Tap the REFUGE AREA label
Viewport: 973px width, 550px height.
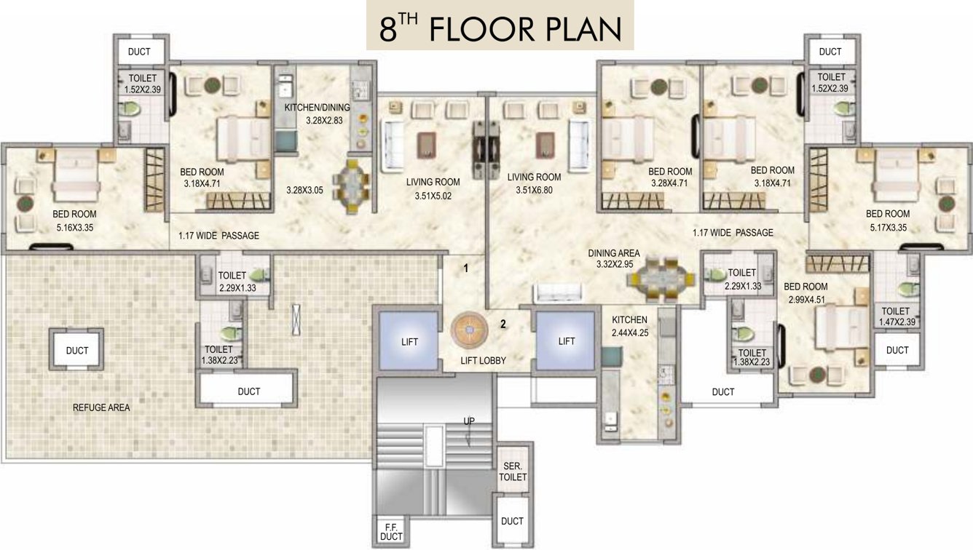(x=101, y=407)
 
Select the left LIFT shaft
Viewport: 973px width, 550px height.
(x=409, y=341)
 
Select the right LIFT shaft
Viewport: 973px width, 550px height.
(x=567, y=341)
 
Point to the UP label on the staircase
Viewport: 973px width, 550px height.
(x=470, y=421)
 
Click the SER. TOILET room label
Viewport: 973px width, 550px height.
(x=513, y=472)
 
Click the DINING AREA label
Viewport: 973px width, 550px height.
(x=614, y=253)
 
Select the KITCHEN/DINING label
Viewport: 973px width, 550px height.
(x=317, y=108)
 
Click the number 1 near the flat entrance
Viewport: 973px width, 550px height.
(x=466, y=268)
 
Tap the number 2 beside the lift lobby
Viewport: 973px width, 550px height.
(x=503, y=324)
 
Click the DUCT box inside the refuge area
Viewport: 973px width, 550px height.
(x=76, y=351)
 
